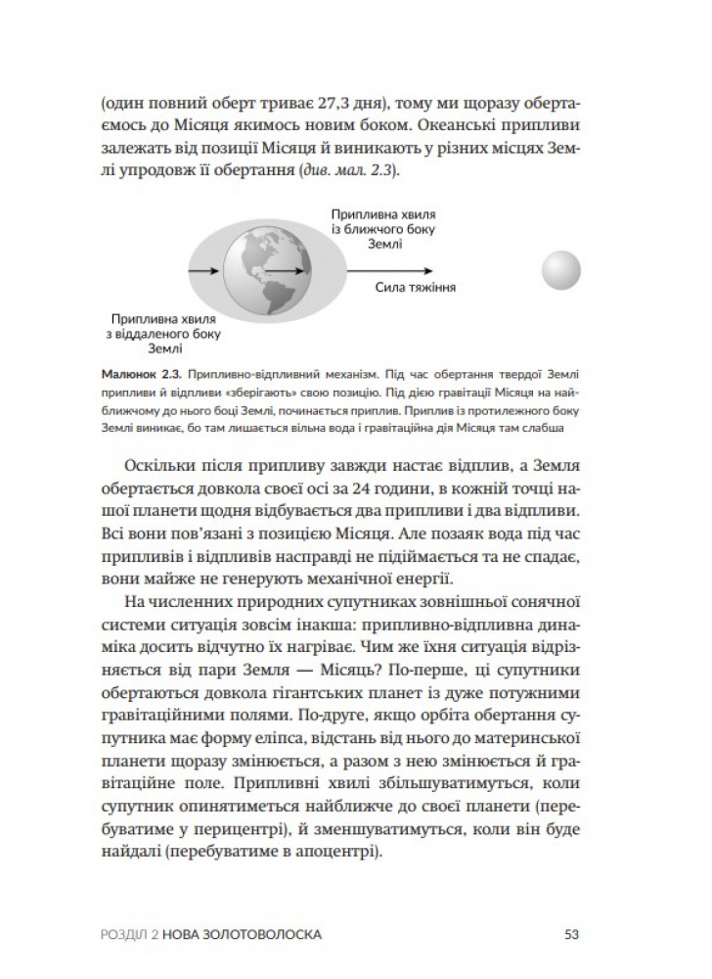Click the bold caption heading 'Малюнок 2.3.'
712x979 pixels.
click(x=140, y=375)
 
